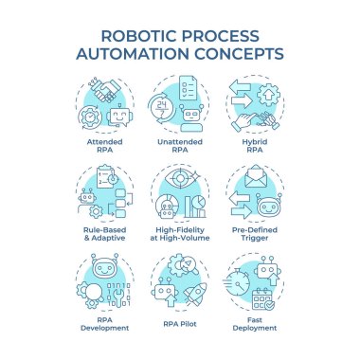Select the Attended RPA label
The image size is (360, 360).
(x=104, y=146)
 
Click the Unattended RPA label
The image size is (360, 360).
(x=180, y=146)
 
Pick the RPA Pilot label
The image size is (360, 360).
(x=179, y=320)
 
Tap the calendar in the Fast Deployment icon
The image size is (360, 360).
(x=260, y=300)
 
